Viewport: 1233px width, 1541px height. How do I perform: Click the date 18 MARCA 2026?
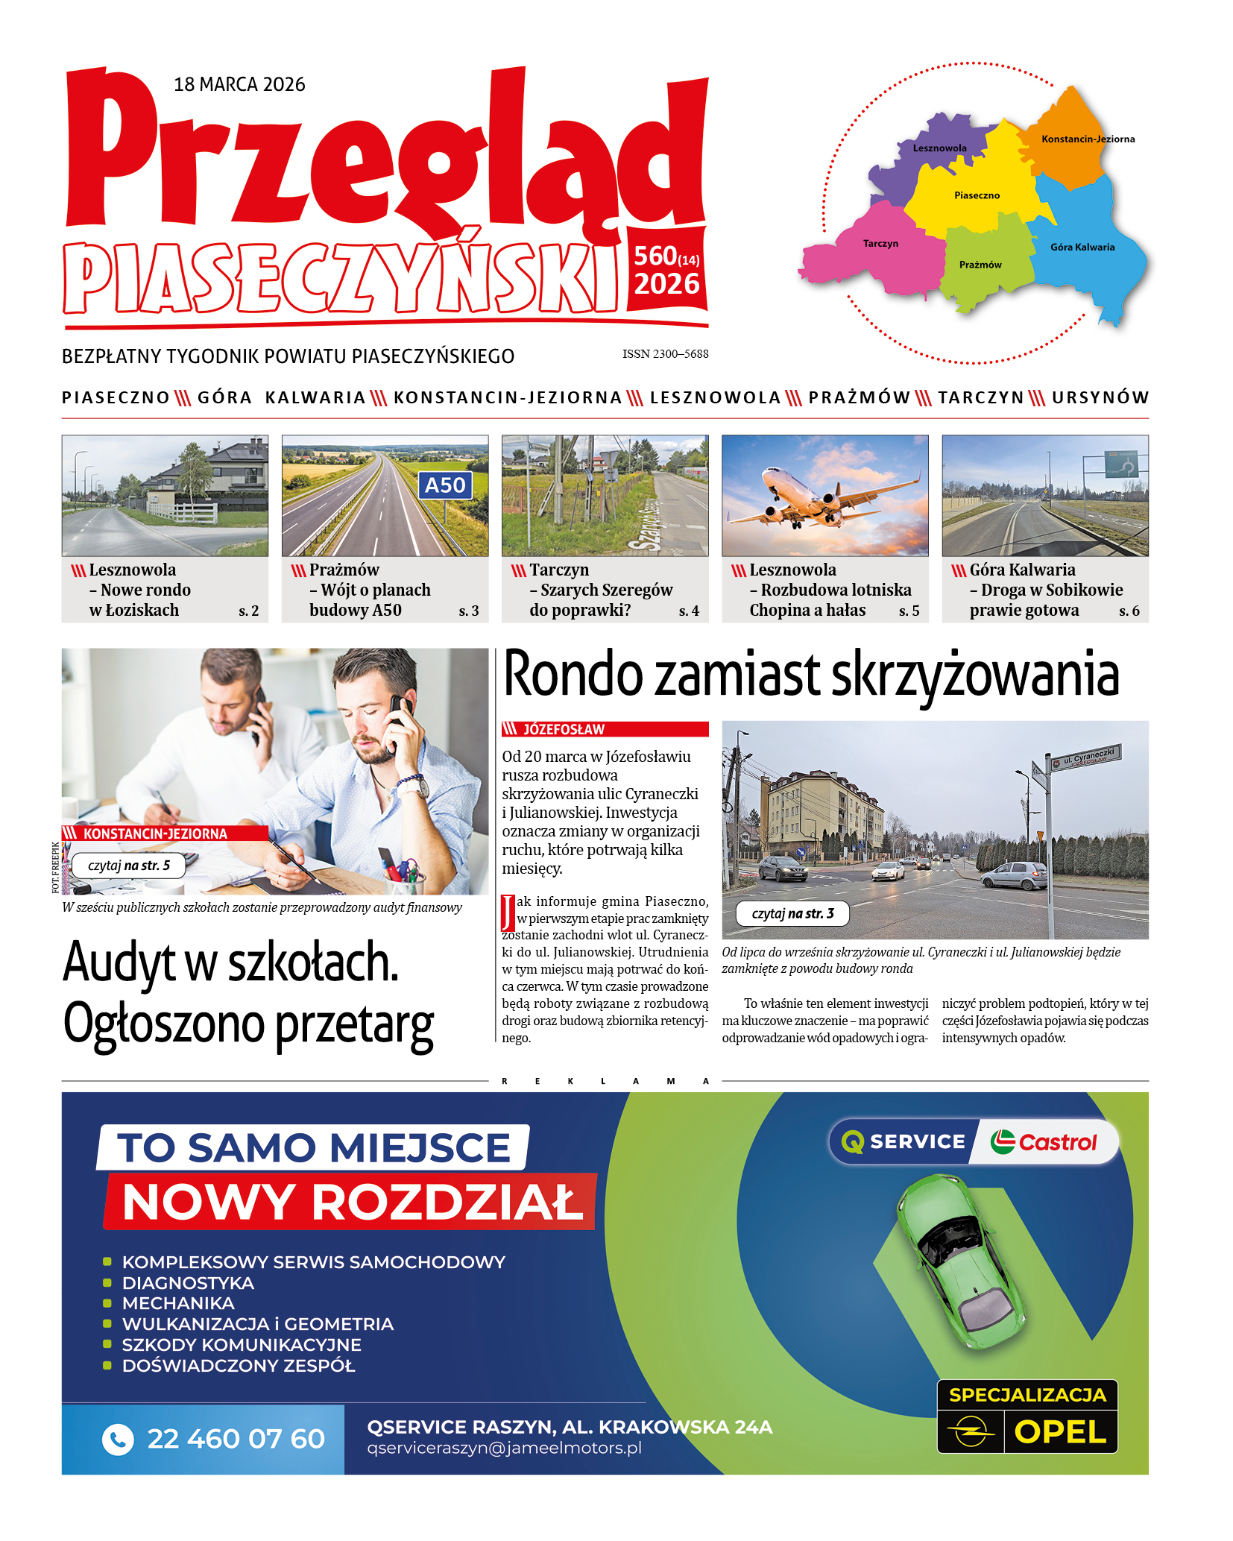click(239, 84)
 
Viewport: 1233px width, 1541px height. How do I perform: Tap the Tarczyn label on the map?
click(880, 244)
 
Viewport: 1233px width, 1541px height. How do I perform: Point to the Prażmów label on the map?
click(980, 265)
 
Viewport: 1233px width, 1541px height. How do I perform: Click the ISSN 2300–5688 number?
click(665, 354)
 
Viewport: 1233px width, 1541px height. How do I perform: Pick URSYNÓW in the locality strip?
click(1100, 398)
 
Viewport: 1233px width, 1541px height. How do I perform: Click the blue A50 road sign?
click(444, 485)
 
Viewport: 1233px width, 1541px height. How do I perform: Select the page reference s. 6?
click(1129, 611)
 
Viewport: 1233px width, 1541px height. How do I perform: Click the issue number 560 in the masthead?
click(655, 256)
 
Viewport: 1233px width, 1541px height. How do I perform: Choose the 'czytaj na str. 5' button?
click(128, 866)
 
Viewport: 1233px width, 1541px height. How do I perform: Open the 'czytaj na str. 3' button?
click(792, 913)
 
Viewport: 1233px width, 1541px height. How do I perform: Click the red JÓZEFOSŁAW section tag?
click(605, 729)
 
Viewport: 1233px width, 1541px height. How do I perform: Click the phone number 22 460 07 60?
click(236, 1439)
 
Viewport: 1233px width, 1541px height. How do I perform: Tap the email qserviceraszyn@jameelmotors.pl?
click(504, 1449)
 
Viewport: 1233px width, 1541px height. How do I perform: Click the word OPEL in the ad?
click(1060, 1432)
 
